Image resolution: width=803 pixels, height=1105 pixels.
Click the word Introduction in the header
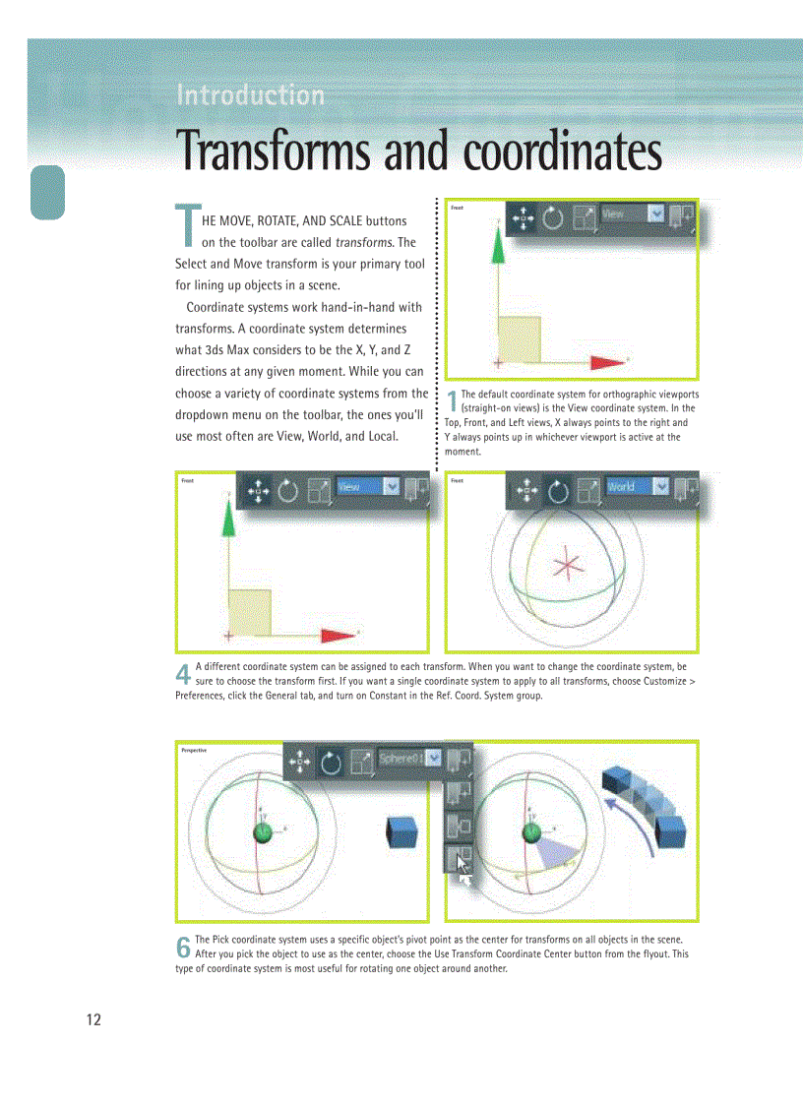[250, 95]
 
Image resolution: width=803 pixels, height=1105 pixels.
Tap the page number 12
[93, 1019]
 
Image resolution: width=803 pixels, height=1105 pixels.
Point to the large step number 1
[452, 401]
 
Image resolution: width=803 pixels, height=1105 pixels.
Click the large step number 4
[183, 674]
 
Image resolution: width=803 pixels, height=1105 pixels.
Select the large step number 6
[183, 948]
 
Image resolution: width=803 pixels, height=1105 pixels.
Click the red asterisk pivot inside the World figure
[567, 566]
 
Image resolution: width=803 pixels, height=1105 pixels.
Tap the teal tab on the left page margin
[47, 192]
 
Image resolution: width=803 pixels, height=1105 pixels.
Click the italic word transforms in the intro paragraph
[363, 242]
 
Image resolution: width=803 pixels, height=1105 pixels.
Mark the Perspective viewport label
[201, 750]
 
